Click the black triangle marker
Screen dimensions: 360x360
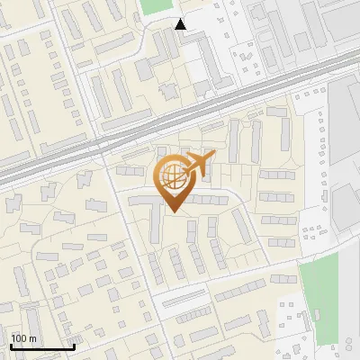pyautogui.click(x=182, y=25)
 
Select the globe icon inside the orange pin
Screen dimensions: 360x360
pyautogui.click(x=171, y=177)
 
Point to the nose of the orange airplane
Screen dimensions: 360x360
pyautogui.click(x=214, y=157)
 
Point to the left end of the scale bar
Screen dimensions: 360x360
pyautogui.click(x=10, y=347)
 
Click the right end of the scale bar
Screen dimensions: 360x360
pyautogui.click(x=74, y=347)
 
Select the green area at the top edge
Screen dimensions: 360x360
pyautogui.click(x=160, y=7)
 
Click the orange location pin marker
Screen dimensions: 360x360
pyautogui.click(x=171, y=184)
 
